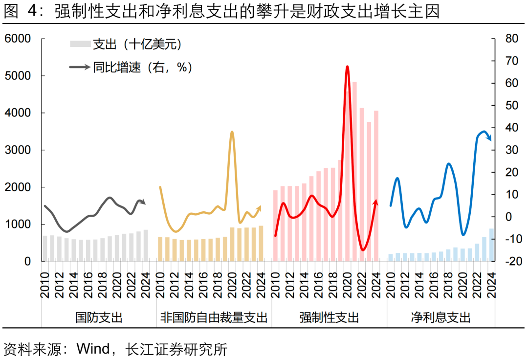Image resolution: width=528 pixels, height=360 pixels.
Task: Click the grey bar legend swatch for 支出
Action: (80, 45)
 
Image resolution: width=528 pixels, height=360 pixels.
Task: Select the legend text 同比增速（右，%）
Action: (142, 67)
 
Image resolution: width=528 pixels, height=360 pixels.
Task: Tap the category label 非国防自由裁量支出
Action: (214, 318)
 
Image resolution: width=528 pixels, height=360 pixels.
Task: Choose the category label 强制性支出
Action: (329, 318)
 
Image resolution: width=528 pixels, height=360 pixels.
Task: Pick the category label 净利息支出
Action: (441, 318)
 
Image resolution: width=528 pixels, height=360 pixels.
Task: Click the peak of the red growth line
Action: (347, 67)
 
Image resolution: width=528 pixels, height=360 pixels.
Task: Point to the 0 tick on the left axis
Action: (27, 262)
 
